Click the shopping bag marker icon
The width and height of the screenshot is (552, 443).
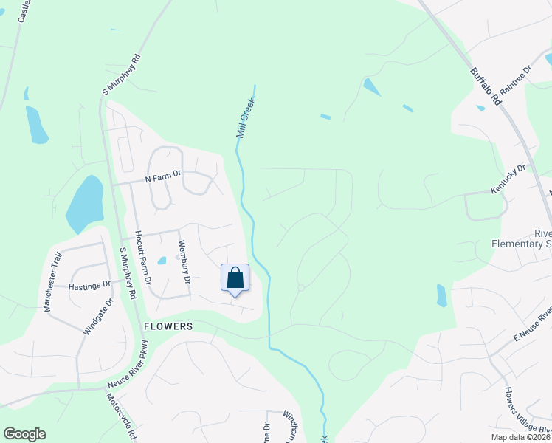[235, 279]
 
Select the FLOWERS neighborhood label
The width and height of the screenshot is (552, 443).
[168, 326]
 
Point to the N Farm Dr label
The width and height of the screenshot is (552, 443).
[163, 178]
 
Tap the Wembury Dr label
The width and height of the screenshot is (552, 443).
[184, 262]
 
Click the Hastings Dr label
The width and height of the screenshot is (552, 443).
[89, 284]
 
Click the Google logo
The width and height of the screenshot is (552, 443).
[24, 433]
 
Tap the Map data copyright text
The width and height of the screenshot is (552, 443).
[520, 437]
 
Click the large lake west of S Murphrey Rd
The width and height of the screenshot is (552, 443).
[85, 203]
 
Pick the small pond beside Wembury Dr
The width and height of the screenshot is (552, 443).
[162, 260]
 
